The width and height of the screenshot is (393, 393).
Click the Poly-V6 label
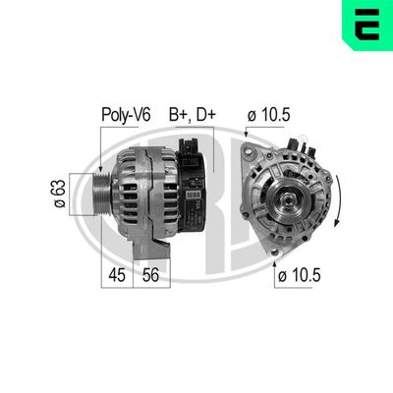pyautogui.click(x=125, y=114)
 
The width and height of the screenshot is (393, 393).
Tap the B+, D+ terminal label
pyautogui.click(x=191, y=114)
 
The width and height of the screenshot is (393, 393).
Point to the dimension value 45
pyautogui.click(x=118, y=276)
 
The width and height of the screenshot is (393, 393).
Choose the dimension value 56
pyautogui.click(x=152, y=276)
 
